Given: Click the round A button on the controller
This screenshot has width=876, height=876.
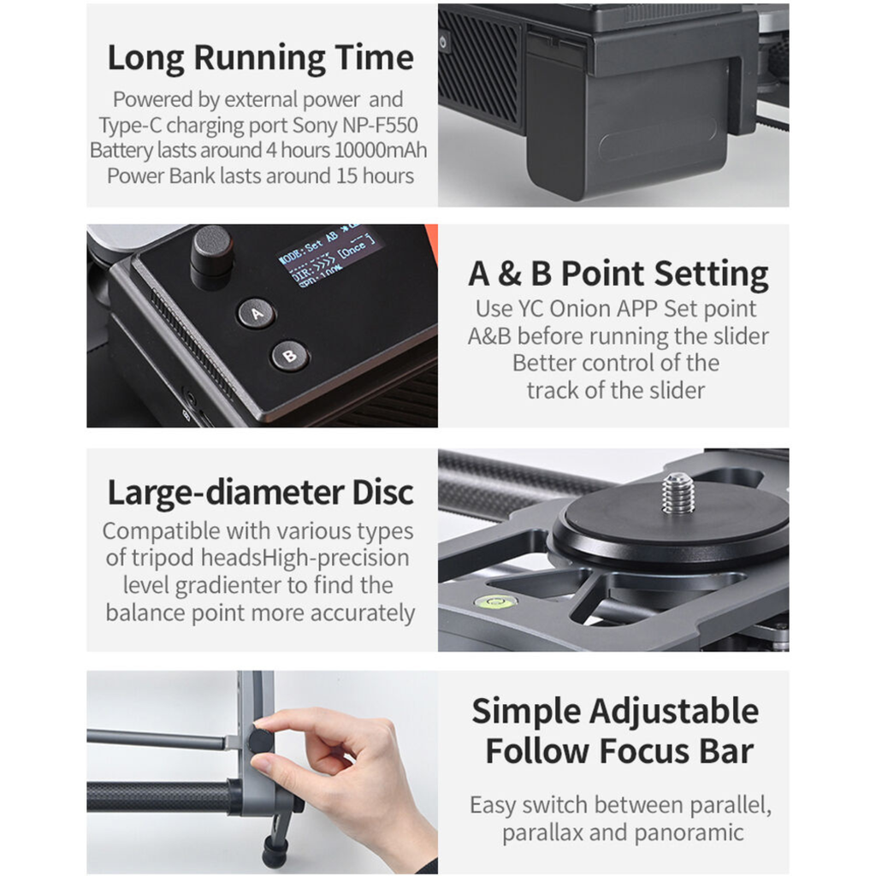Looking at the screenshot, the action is (257, 313).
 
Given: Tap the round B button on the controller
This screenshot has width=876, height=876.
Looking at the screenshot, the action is (289, 355).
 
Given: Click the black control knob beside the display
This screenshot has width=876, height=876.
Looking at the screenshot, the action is (211, 256).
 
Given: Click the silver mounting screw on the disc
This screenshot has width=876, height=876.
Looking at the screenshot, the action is (678, 494).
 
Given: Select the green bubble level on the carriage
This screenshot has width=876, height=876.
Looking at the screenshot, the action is (494, 601).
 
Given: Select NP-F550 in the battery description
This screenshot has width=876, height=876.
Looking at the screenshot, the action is (380, 125).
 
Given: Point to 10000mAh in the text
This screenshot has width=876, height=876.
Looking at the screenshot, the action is (381, 151).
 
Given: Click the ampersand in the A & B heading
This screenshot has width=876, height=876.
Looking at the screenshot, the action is (510, 275).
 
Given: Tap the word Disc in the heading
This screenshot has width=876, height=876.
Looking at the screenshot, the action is (382, 492).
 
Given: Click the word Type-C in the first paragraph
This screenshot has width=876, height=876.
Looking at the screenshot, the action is (130, 126).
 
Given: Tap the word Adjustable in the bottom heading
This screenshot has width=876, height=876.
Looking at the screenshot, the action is (674, 712).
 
